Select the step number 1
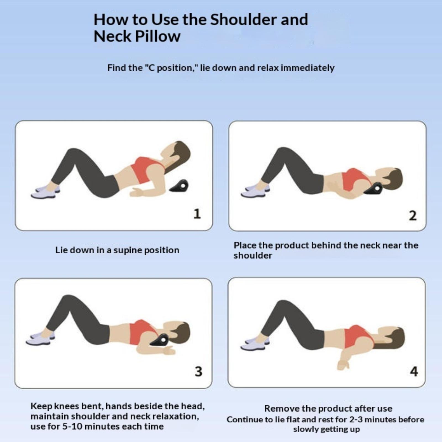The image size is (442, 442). (197, 214)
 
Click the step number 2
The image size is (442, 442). (413, 215)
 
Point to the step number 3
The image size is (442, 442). (198, 372)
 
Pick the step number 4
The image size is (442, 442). (414, 372)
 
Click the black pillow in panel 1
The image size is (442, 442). (180, 186)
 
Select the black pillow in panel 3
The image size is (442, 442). (160, 340)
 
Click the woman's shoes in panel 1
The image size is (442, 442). (46, 192)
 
